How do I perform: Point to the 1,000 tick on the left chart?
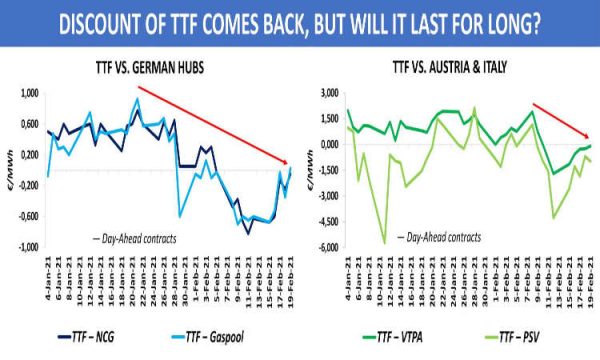27,92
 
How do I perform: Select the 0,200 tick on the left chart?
27,154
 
